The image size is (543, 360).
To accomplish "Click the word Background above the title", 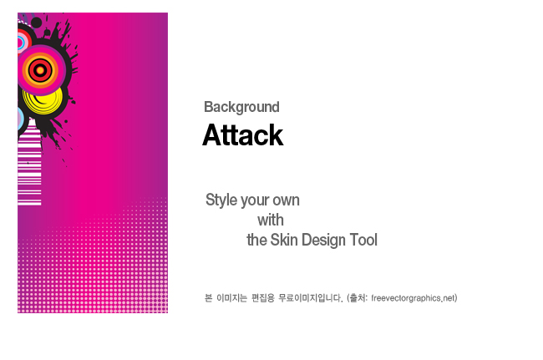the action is [x=241, y=107].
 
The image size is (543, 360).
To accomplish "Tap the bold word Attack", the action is [x=243, y=135].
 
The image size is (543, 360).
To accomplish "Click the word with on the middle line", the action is [x=271, y=221].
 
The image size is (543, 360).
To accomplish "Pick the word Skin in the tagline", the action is [x=284, y=240].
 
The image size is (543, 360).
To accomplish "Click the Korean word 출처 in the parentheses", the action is [x=358, y=297].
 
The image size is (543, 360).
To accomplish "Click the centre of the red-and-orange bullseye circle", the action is [x=41, y=70].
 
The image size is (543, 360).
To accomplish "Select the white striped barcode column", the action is [x=29, y=163].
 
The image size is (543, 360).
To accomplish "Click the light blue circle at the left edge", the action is [x=20, y=119].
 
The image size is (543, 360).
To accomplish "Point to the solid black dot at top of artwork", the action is [x=37, y=23].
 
